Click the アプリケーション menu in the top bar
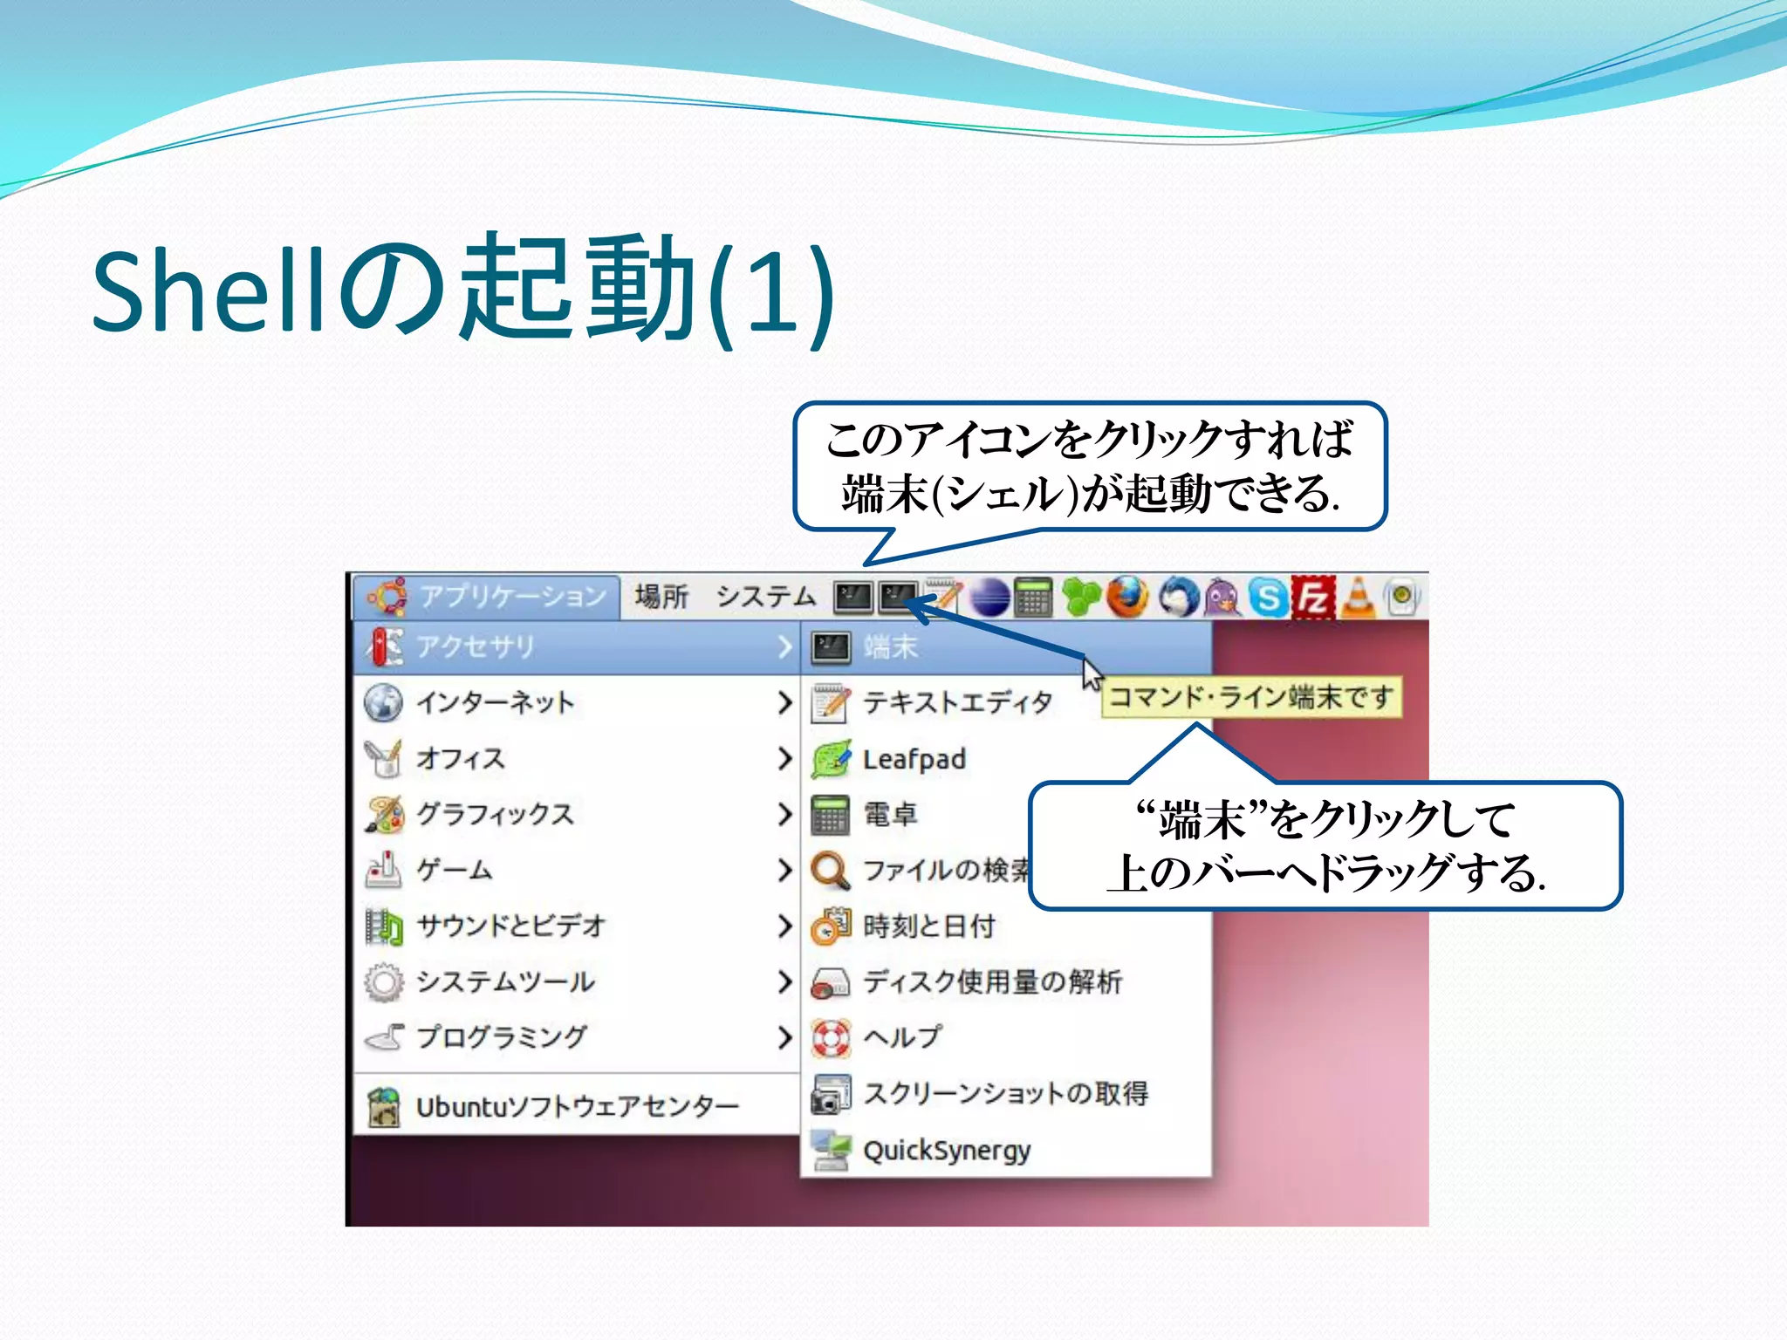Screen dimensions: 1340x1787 489,598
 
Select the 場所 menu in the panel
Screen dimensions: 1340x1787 661,598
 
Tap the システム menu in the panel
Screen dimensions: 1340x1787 765,598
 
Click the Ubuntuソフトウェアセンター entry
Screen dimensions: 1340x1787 576,1107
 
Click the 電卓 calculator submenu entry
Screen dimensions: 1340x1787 889,815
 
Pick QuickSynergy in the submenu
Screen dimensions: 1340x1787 946,1151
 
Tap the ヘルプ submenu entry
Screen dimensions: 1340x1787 901,1037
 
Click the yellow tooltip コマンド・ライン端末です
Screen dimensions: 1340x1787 1251,698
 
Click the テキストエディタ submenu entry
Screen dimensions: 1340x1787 956,703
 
